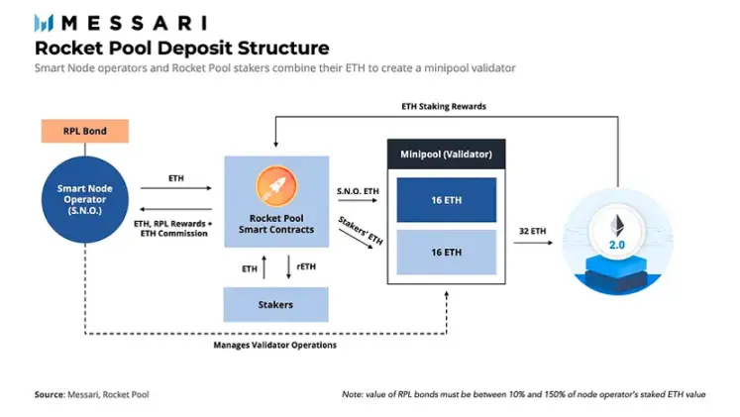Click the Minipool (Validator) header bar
point(445,155)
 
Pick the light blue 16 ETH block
point(445,252)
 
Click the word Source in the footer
point(50,393)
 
